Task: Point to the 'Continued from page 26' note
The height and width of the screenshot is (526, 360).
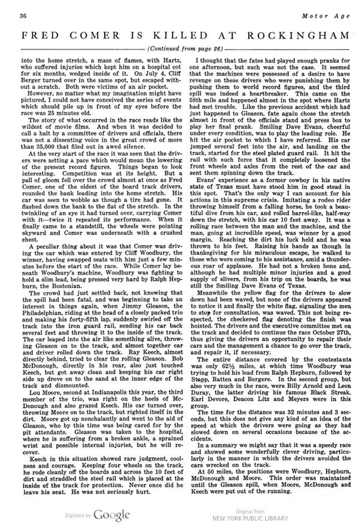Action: click(x=180, y=48)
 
